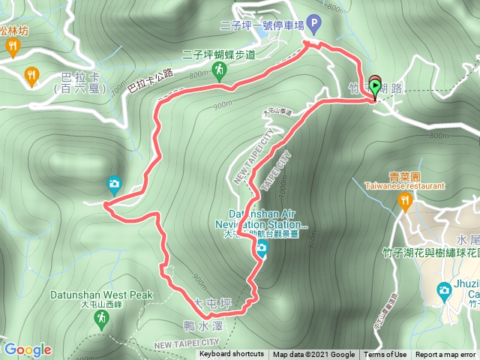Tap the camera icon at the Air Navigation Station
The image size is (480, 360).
pyautogui.click(x=261, y=253)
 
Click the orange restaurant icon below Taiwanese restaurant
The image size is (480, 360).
pyautogui.click(x=405, y=200)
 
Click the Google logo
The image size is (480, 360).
pyautogui.click(x=27, y=349)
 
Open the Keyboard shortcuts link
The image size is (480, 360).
pyautogui.click(x=231, y=355)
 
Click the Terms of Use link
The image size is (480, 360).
pyautogui.click(x=385, y=355)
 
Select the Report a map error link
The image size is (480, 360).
pyautogui.click(x=445, y=355)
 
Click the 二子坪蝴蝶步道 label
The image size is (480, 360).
pyautogui.click(x=219, y=54)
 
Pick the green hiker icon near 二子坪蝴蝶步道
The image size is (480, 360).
pyautogui.click(x=218, y=70)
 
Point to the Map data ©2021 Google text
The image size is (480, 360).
pyautogui.click(x=313, y=355)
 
